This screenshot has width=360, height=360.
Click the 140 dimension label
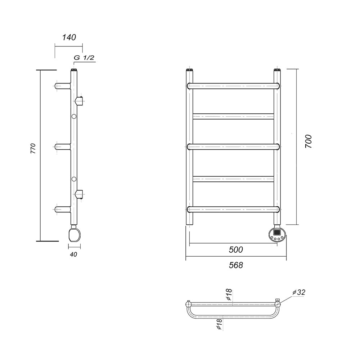click(69, 37)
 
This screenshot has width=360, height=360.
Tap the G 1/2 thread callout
click(84, 58)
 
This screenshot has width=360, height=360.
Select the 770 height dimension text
click(33, 149)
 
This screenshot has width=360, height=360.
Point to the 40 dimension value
click(73, 255)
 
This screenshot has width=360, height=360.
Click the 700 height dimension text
click(309, 141)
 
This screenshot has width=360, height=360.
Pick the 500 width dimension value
click(236, 249)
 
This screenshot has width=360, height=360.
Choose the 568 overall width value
click(236, 265)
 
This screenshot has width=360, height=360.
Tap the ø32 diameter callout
click(299, 292)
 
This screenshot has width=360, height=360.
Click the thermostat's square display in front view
click(277, 232)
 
